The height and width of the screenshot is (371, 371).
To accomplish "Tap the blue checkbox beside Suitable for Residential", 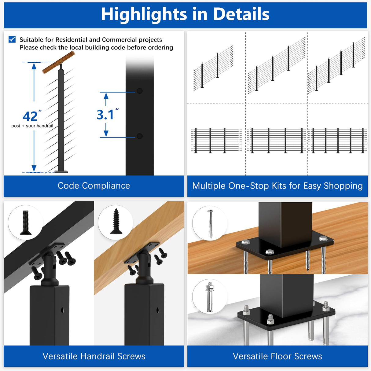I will pyautogui.click(x=12, y=39).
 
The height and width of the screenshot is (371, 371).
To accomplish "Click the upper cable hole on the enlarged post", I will pyautogui.click(x=140, y=91).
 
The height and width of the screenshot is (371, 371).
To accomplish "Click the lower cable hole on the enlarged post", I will pyautogui.click(x=140, y=136).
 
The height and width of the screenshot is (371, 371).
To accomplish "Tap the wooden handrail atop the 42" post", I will pyautogui.click(x=58, y=62).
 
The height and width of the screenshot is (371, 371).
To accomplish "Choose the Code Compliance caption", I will pyautogui.click(x=94, y=186).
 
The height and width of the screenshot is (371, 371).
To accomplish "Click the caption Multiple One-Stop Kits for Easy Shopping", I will pyautogui.click(x=277, y=186).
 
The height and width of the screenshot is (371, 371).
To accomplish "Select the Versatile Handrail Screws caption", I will pyautogui.click(x=94, y=356).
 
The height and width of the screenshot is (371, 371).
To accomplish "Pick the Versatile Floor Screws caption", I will pyautogui.click(x=277, y=356).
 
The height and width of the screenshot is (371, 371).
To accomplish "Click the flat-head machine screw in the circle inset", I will pyautogui.click(x=25, y=222).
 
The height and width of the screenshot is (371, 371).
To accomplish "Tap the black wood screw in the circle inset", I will pyautogui.click(x=116, y=221).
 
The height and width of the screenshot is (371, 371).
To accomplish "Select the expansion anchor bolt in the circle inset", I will pyautogui.click(x=210, y=296).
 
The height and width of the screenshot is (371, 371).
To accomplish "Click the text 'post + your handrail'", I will pyautogui.click(x=32, y=126).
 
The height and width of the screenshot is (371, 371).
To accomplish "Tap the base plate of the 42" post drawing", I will pyautogui.click(x=61, y=171).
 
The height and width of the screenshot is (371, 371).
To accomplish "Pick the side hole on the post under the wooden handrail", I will pyautogui.click(x=158, y=310).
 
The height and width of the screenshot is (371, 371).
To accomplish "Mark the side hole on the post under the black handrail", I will pyautogui.click(x=62, y=310).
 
